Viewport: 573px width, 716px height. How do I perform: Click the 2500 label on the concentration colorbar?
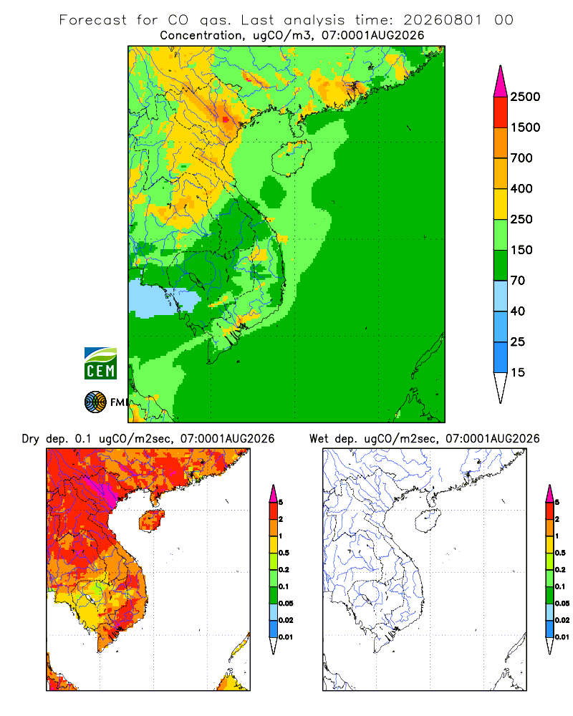(525, 97)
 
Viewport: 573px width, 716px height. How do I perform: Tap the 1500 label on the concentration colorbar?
(525, 127)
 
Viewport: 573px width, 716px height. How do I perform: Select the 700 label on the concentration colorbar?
(521, 158)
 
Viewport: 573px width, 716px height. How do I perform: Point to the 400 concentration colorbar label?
(521, 188)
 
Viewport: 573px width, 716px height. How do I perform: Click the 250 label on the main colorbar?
(521, 219)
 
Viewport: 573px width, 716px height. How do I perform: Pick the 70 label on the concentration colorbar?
(518, 281)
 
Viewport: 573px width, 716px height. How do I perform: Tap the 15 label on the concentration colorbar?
(518, 372)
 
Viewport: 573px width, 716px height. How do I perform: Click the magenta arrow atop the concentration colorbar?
(501, 82)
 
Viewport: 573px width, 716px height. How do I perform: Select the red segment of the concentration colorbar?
(501, 112)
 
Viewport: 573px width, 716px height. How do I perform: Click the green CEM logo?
(100, 364)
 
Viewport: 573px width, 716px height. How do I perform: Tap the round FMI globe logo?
(95, 402)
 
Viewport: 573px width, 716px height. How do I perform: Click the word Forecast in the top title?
(93, 20)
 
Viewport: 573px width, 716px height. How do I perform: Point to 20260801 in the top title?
(443, 20)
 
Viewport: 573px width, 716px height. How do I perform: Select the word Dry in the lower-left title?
(31, 439)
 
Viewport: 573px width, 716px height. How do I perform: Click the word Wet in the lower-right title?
(319, 439)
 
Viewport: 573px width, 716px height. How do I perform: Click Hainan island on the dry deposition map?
(152, 521)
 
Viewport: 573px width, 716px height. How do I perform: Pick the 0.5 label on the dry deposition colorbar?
(284, 553)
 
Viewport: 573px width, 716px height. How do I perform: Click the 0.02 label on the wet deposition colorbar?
(562, 620)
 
